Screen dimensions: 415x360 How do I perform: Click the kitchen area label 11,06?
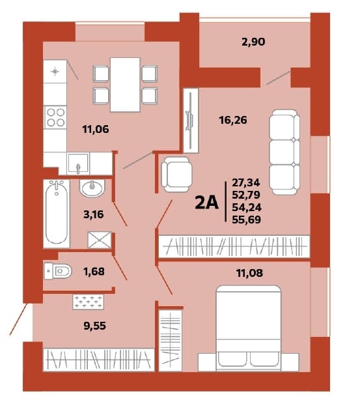96,129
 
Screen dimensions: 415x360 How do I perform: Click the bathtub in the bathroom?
58,213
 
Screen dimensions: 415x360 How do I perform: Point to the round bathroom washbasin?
92,188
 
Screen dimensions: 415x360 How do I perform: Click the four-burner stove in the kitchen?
55,117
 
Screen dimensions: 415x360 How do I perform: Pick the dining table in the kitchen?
125,84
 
